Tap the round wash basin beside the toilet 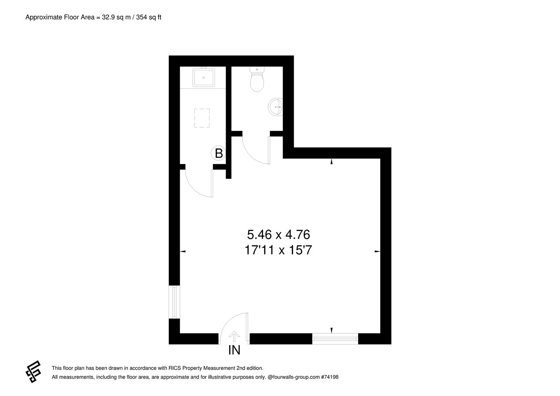coord(276,107)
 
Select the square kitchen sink coord(203,77)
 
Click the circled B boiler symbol coord(219,153)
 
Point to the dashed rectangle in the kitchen coord(202,118)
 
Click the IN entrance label coord(234,350)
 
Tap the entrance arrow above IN coord(234,335)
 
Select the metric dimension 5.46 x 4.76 coord(279,234)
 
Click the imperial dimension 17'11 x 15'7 coord(278,250)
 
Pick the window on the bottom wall coord(335,339)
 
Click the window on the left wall coord(174,302)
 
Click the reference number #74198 coord(329,377)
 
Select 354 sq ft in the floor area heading coord(149,17)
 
